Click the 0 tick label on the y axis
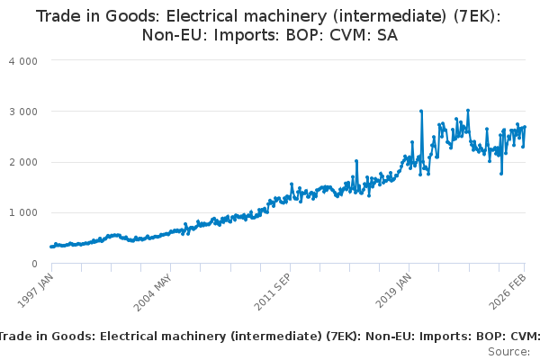[34, 264]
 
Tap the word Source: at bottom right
[508, 350]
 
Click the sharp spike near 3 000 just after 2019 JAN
[421, 112]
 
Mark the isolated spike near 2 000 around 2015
[356, 162]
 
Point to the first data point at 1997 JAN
[51, 247]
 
